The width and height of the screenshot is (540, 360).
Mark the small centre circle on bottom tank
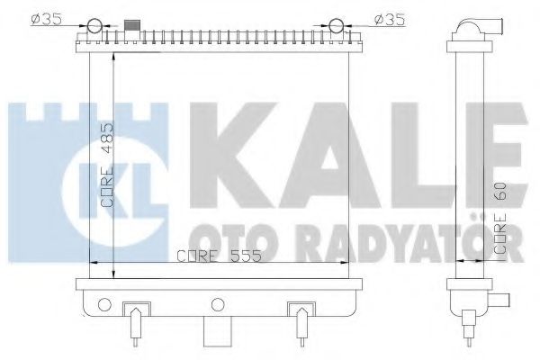[x=216, y=302]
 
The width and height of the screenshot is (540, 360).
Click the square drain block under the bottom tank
[x=216, y=332]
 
